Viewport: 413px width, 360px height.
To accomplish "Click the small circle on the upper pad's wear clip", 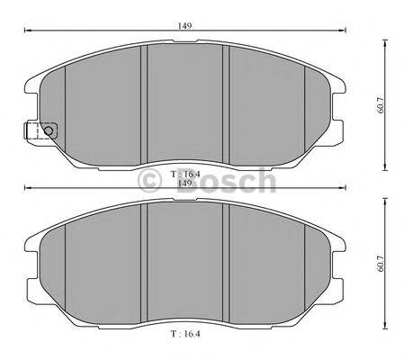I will pos(49,131).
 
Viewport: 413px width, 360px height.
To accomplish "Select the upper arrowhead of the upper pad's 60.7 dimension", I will pos(384,40).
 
